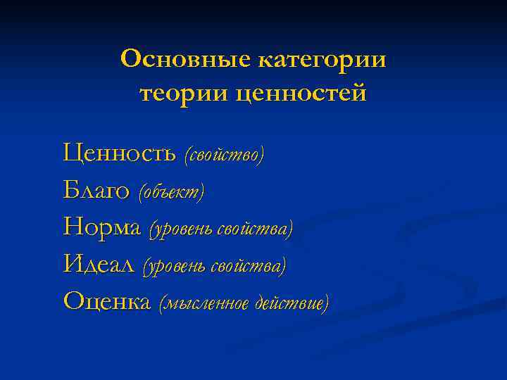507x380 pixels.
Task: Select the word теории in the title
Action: coord(183,93)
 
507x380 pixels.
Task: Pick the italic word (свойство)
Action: coord(224,153)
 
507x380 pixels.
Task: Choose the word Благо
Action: coord(96,189)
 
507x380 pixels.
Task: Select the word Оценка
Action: coord(107,301)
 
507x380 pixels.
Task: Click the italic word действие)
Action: coord(292,303)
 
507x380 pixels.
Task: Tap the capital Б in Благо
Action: coord(70,189)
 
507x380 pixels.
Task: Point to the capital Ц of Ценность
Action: coord(72,151)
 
